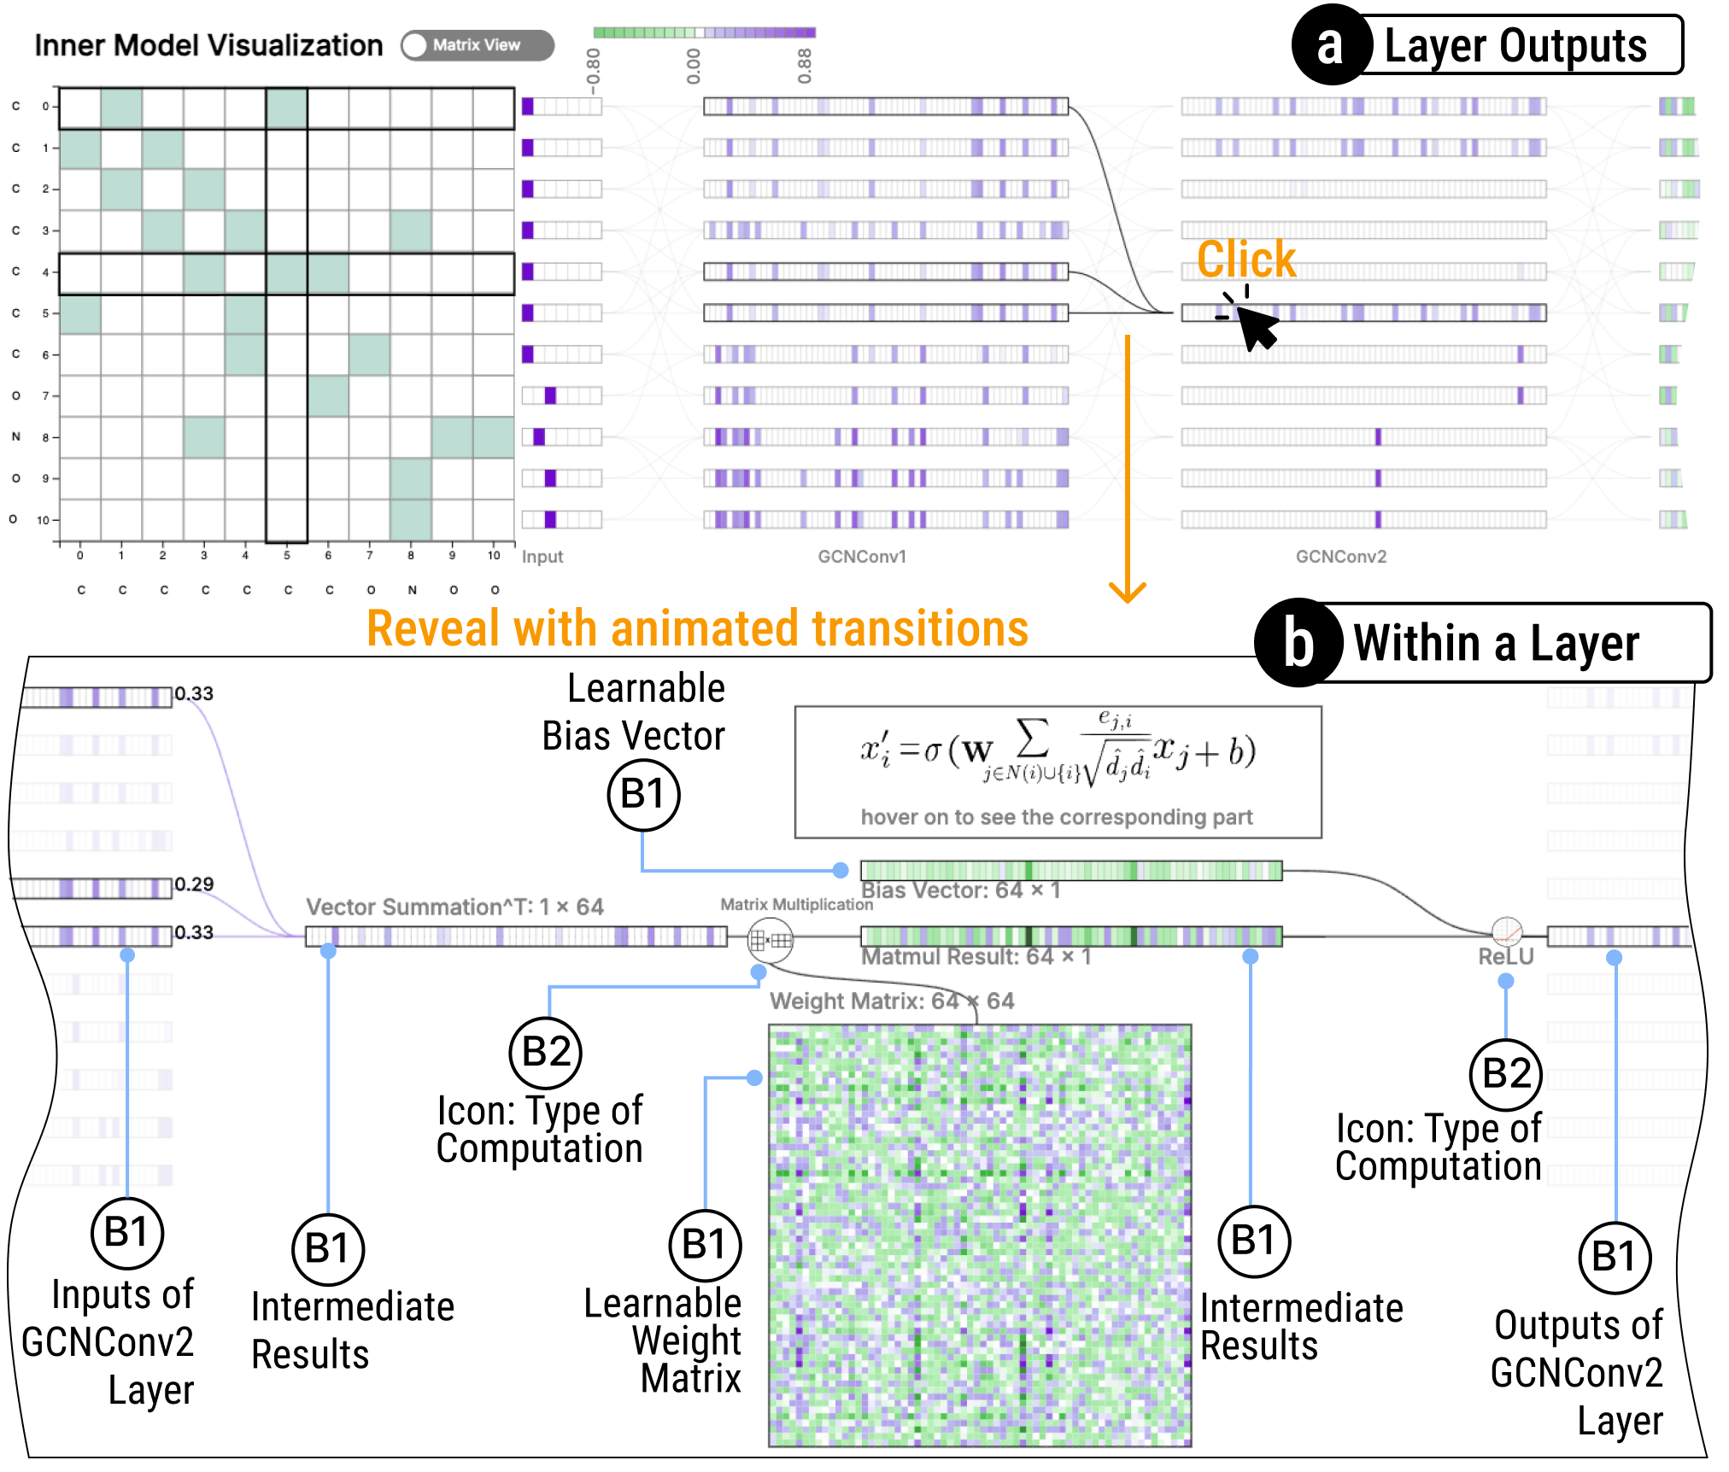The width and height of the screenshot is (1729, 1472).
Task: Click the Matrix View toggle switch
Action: point(477,45)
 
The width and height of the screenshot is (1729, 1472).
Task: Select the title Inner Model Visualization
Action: point(208,45)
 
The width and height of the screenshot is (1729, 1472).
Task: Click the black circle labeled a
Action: point(1329,44)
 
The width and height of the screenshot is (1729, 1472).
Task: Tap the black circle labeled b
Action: point(1298,642)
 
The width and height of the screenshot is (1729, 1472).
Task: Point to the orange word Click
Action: point(1245,259)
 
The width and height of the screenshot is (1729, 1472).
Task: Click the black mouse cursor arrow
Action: point(1255,326)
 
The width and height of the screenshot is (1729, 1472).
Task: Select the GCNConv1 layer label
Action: point(861,557)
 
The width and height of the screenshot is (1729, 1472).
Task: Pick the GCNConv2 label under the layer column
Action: point(1340,557)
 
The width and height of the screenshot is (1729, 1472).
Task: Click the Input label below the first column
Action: point(542,557)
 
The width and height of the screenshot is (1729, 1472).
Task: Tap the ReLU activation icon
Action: point(1506,931)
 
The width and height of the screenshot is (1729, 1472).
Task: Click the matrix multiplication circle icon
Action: point(770,940)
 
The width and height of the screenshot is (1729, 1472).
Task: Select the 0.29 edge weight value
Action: point(194,884)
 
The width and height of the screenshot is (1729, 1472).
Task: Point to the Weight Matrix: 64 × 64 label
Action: point(892,1001)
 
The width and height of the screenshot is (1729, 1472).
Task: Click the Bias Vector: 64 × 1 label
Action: point(960,891)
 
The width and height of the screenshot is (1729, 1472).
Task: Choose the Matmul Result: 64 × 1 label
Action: point(976,956)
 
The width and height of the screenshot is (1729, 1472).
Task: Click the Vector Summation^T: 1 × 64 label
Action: point(454,907)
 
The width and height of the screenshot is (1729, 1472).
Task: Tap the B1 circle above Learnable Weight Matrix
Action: point(705,1245)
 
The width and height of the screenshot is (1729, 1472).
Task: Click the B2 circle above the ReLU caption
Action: point(1505,1074)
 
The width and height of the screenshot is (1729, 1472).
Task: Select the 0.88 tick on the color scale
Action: point(804,66)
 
